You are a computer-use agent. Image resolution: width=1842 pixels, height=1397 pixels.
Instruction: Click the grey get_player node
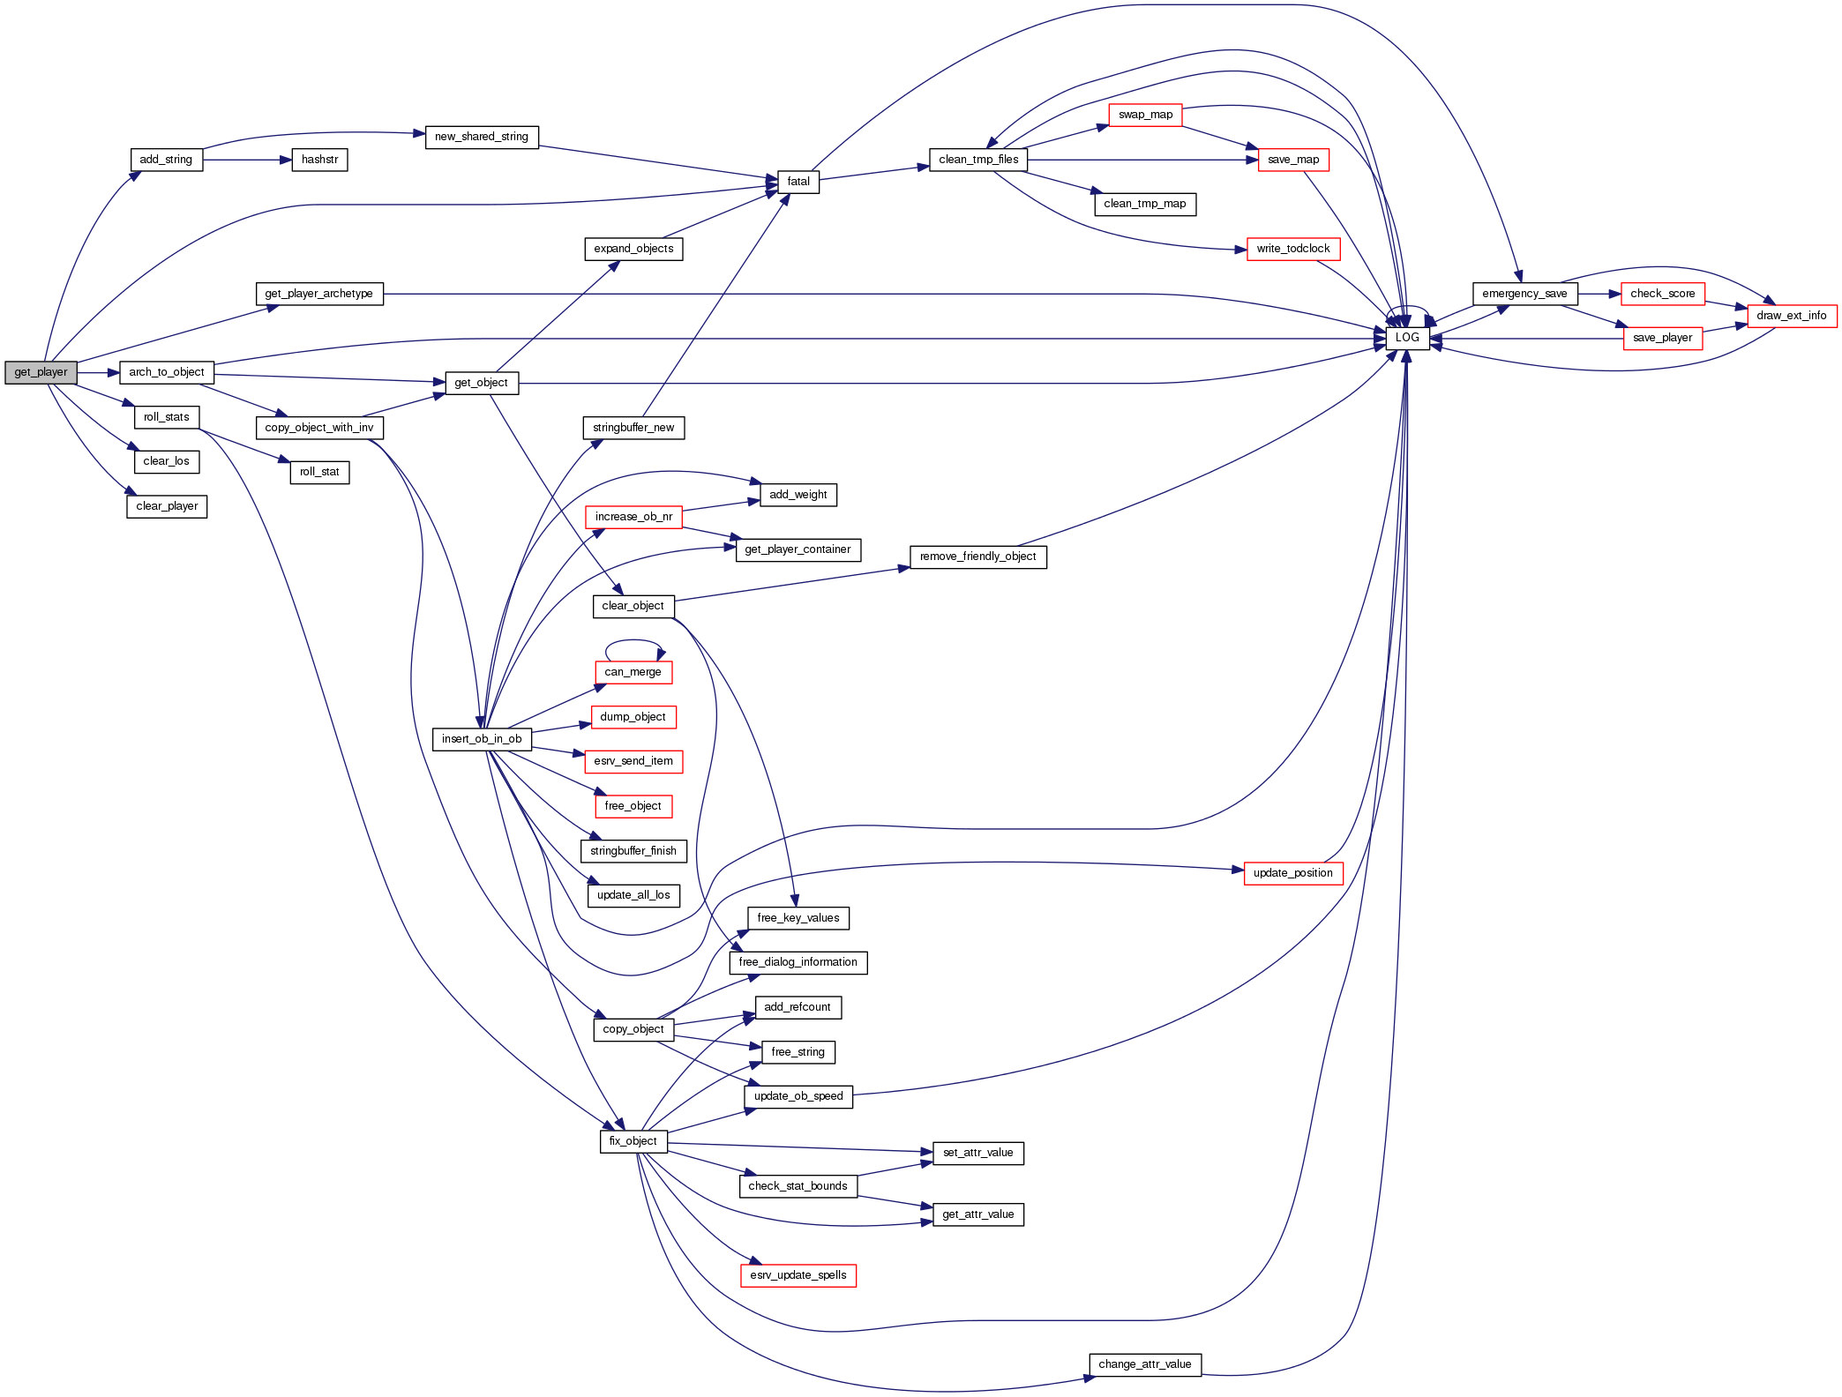tap(41, 372)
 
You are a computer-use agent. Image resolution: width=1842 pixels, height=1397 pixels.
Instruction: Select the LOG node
tap(1407, 338)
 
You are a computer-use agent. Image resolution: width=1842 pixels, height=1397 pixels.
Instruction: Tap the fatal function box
tap(797, 182)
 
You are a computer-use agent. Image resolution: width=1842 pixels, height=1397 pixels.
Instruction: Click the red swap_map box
tap(1145, 115)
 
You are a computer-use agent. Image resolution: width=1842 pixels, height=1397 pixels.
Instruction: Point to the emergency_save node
tap(1524, 294)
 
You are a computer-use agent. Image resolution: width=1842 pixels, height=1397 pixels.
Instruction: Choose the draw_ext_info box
tap(1791, 316)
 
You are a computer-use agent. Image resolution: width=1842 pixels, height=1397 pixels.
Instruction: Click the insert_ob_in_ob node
tap(482, 739)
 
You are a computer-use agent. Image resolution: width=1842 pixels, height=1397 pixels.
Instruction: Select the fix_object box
tap(633, 1141)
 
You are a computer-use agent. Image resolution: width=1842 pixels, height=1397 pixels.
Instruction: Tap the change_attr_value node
tap(1144, 1364)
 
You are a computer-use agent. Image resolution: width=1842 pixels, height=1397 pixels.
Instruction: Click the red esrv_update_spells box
tap(797, 1275)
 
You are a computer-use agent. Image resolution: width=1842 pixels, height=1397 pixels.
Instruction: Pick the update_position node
tap(1292, 873)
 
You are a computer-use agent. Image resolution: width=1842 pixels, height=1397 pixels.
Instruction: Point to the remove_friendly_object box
tap(977, 557)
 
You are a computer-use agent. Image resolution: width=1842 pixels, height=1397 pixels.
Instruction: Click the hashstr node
tap(319, 160)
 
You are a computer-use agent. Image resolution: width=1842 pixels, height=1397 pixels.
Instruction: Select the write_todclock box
tap(1292, 249)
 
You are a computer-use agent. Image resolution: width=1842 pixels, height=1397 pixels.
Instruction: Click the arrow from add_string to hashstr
tap(247, 160)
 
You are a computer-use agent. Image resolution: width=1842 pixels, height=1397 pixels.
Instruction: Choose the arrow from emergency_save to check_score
tap(1599, 294)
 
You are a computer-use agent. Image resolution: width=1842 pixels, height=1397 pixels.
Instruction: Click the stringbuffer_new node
tap(633, 428)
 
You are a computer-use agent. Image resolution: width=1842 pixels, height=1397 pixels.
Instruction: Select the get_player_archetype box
tap(319, 294)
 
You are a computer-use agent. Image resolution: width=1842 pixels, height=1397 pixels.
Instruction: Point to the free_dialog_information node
tap(797, 962)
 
